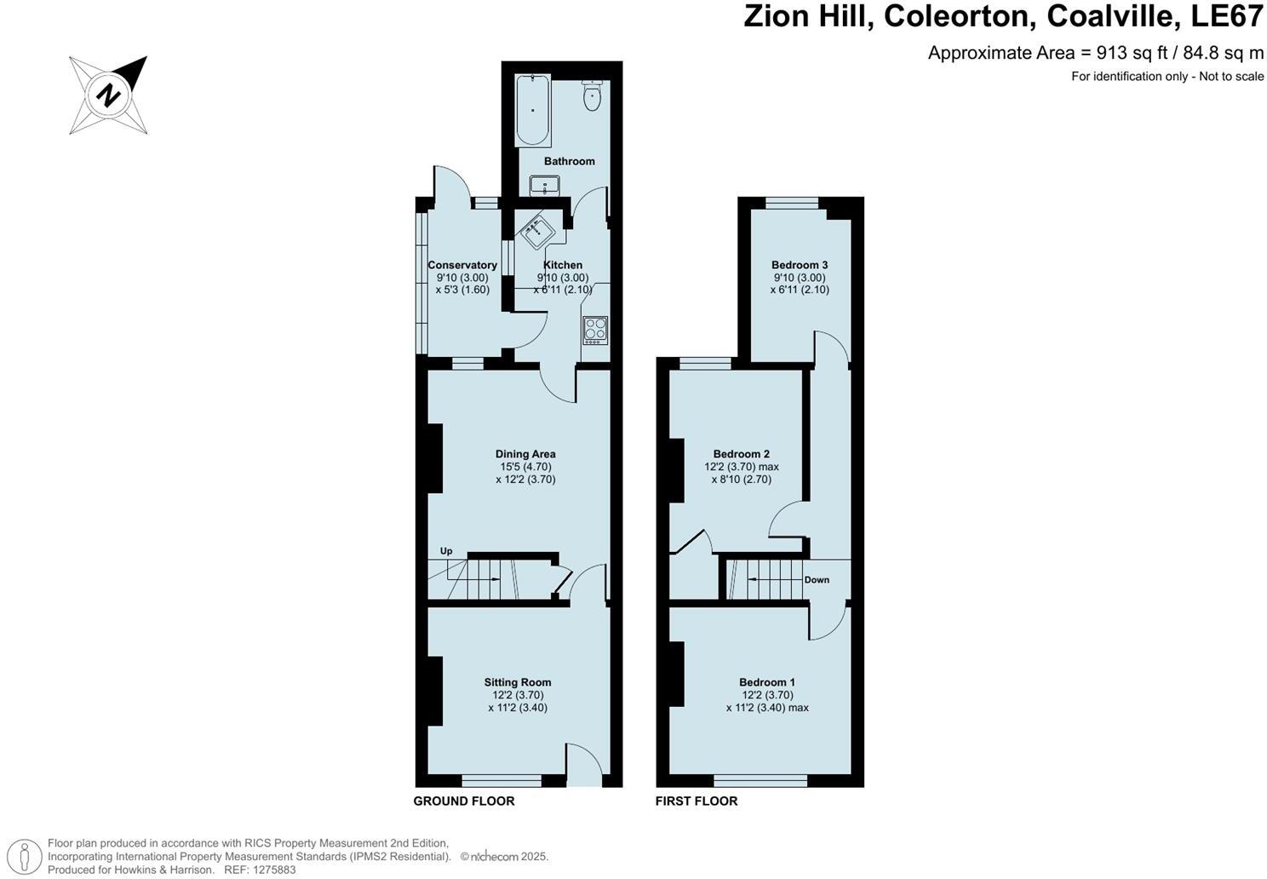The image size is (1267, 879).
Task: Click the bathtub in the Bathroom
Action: pos(534,110)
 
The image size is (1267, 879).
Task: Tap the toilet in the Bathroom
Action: pos(593,96)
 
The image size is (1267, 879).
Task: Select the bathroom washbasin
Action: pos(544,184)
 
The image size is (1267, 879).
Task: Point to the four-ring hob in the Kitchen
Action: pos(595,329)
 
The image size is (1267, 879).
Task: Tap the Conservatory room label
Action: pos(462,265)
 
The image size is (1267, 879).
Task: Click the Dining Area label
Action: pos(525,454)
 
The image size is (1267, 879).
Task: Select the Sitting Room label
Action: pos(518,682)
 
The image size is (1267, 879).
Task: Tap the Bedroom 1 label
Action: pos(767,682)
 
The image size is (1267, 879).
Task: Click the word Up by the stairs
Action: pos(446,551)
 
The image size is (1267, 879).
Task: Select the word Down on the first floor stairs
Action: pos(817,580)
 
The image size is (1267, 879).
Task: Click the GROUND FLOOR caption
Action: pos(464,801)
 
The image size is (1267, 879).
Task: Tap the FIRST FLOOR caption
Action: pos(697,801)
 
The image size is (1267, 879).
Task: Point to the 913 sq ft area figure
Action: pos(1126,53)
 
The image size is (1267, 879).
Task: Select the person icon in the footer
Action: pos(28,855)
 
